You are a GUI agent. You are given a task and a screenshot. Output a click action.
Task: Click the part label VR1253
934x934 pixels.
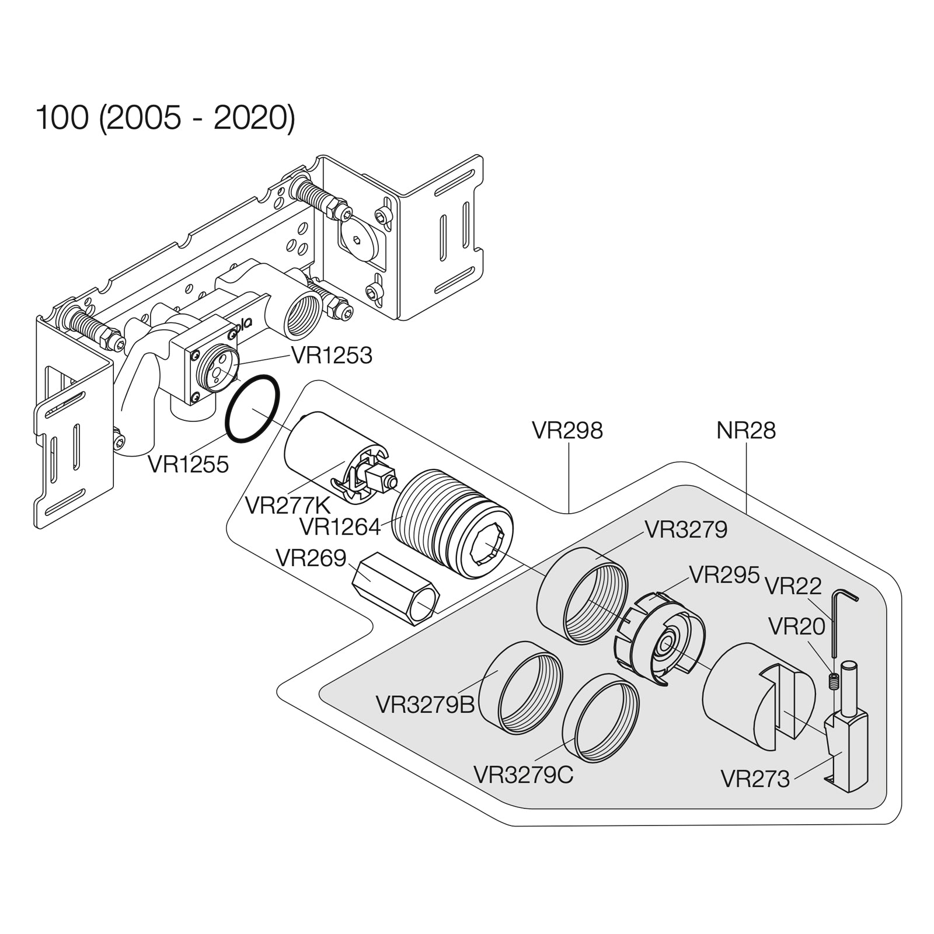(x=332, y=355)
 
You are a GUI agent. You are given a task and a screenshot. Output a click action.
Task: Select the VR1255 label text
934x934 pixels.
(x=188, y=465)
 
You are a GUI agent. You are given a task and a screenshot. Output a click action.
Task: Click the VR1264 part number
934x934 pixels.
(x=340, y=527)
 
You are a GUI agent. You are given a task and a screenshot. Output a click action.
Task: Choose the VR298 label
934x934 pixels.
(x=567, y=431)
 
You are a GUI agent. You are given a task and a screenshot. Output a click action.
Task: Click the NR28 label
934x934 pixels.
(x=745, y=431)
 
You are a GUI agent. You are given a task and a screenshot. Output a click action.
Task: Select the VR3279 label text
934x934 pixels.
(x=686, y=530)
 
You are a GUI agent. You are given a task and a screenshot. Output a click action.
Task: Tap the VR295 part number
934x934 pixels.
(x=724, y=574)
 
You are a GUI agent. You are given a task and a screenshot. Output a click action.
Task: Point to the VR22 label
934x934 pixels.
(x=793, y=586)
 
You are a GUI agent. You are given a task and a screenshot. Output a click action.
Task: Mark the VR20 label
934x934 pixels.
(x=796, y=627)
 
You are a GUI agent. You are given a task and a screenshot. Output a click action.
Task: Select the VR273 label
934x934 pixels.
(x=755, y=779)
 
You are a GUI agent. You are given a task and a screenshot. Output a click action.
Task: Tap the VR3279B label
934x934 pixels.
(x=425, y=705)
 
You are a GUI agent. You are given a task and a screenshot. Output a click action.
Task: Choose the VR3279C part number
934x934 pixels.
(x=523, y=775)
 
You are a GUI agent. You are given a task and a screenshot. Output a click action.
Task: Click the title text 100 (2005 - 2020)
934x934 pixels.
(x=166, y=119)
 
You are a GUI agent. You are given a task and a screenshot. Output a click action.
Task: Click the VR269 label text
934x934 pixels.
(x=311, y=559)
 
